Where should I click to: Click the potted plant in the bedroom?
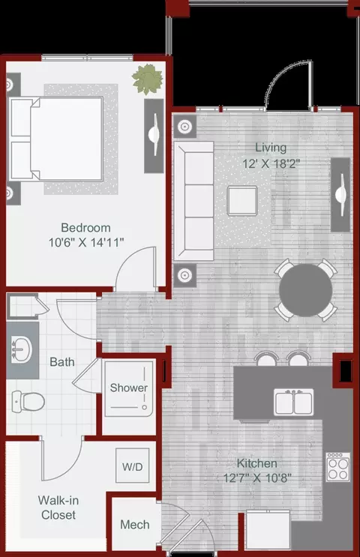coord(148,79)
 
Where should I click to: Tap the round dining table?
coord(306,290)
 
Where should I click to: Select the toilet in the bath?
coord(28,401)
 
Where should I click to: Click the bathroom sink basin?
coord(21,350)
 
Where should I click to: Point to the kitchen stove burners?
coord(338,467)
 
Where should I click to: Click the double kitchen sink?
coord(293,402)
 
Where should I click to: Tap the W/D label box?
coord(132,466)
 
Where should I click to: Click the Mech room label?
coord(135,524)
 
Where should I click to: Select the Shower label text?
coord(129,388)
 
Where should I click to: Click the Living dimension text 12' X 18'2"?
coord(271,163)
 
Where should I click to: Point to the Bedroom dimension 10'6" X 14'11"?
coord(86,242)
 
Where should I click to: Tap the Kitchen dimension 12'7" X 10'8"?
coord(257,478)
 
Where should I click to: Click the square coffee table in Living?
coord(242,201)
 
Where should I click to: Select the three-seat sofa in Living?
coord(193,201)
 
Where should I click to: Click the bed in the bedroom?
coord(56,139)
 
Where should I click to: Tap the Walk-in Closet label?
coord(58,508)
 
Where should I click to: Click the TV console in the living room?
coord(340,195)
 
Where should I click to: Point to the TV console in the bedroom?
coord(154,136)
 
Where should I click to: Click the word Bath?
coord(62,361)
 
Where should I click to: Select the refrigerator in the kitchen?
coord(268,529)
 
